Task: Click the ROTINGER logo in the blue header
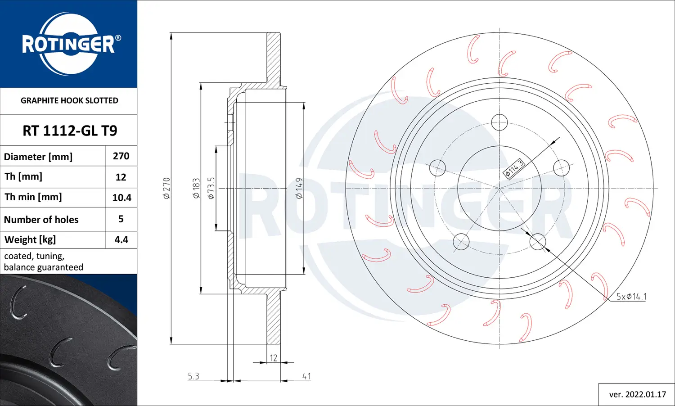pos(69,44)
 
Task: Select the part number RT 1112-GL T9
pos(70,131)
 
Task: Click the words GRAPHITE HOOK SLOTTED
pos(69,100)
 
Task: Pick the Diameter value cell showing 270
pos(121,156)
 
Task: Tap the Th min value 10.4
pos(121,198)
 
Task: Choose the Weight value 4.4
pos(121,239)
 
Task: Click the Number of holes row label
pos(41,220)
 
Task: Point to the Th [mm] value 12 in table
pos(121,177)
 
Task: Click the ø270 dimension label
pos(166,188)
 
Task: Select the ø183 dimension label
pos(196,188)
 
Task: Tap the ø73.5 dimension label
pos(211,188)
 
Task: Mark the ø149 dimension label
pos(299,188)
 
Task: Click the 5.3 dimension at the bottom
pos(193,376)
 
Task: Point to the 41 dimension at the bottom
pos(306,376)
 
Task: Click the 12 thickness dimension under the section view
pos(274,358)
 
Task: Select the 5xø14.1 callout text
pos(631,296)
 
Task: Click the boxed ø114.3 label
pos(514,169)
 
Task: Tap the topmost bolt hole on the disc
pos(499,122)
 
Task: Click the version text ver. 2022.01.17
pos(637,394)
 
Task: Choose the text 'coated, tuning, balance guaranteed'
pos(44,262)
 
